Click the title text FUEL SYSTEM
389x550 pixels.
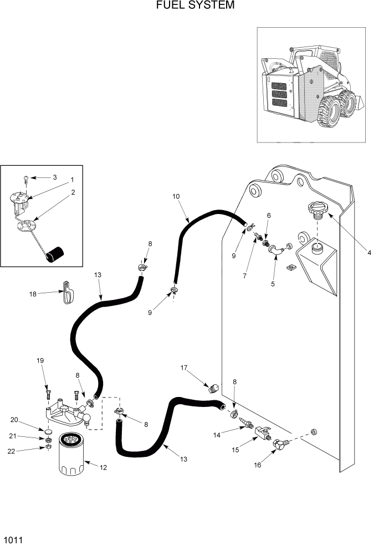click(x=194, y=6)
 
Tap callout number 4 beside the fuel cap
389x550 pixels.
click(x=369, y=253)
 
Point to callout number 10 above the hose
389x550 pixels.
click(x=176, y=197)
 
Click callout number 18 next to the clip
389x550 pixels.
click(x=33, y=294)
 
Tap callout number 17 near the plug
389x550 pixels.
click(x=184, y=368)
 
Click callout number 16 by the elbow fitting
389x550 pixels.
click(x=257, y=465)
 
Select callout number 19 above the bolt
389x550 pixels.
click(x=40, y=361)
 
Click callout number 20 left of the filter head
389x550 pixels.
click(x=14, y=420)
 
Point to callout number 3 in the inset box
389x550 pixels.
click(x=54, y=177)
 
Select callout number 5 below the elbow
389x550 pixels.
click(x=272, y=284)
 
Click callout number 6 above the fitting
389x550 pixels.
click(x=269, y=215)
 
